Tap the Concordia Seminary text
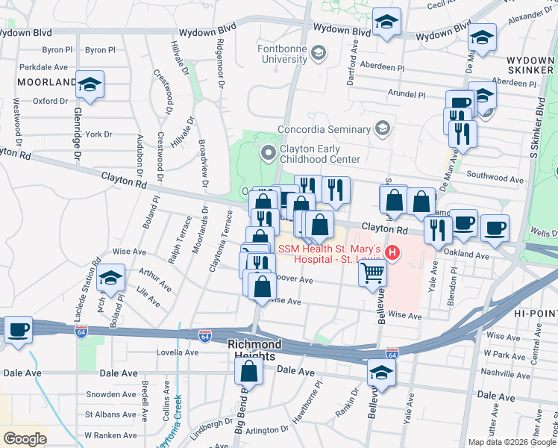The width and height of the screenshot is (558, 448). pos(324,128)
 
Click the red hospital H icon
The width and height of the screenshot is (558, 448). pos(392,254)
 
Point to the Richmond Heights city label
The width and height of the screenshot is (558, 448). pos(254,350)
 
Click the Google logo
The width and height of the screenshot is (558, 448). pos(25,438)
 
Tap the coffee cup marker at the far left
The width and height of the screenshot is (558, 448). pos(16,329)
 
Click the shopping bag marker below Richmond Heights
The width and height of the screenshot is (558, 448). pos(250,371)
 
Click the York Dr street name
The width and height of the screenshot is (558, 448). pos(98,134)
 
